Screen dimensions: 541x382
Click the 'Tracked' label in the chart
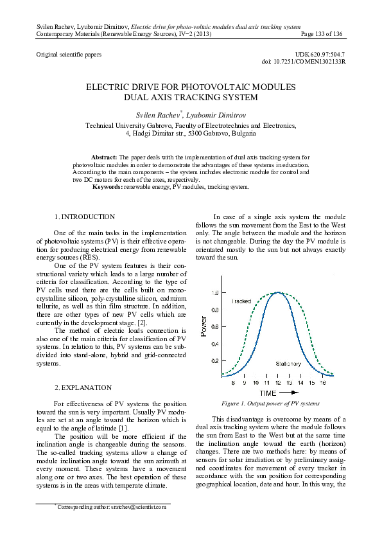click(x=241, y=301)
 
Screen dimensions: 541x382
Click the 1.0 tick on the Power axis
click(x=215, y=292)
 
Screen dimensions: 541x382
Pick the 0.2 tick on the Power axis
click(x=215, y=361)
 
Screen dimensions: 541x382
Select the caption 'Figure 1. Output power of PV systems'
click(x=270, y=404)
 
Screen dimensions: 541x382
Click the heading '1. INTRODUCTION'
click(x=85, y=217)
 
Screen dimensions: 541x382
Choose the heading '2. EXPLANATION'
click(x=83, y=387)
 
